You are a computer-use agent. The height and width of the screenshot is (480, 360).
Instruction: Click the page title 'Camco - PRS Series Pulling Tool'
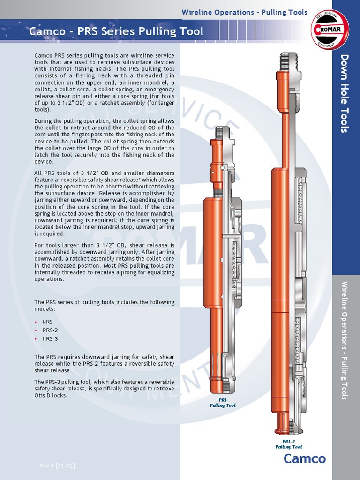[116, 31]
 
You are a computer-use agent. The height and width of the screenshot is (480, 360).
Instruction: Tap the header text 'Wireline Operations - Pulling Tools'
[244, 12]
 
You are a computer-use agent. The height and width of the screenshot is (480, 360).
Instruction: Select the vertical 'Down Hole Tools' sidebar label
[345, 93]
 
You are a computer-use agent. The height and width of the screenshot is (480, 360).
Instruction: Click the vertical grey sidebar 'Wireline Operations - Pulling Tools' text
[345, 340]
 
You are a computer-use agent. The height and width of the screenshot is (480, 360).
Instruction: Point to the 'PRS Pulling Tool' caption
[223, 403]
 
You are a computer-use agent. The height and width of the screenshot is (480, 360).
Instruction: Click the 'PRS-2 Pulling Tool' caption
[288, 444]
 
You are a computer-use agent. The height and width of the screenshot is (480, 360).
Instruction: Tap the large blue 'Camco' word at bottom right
[304, 458]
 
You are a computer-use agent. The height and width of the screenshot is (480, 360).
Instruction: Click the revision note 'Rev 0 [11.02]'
[57, 465]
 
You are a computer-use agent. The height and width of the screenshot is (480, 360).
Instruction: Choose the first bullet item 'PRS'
[48, 322]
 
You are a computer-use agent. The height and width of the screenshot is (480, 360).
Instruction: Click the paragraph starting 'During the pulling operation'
[104, 141]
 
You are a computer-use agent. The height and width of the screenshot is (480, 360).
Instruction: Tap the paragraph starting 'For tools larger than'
[104, 262]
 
